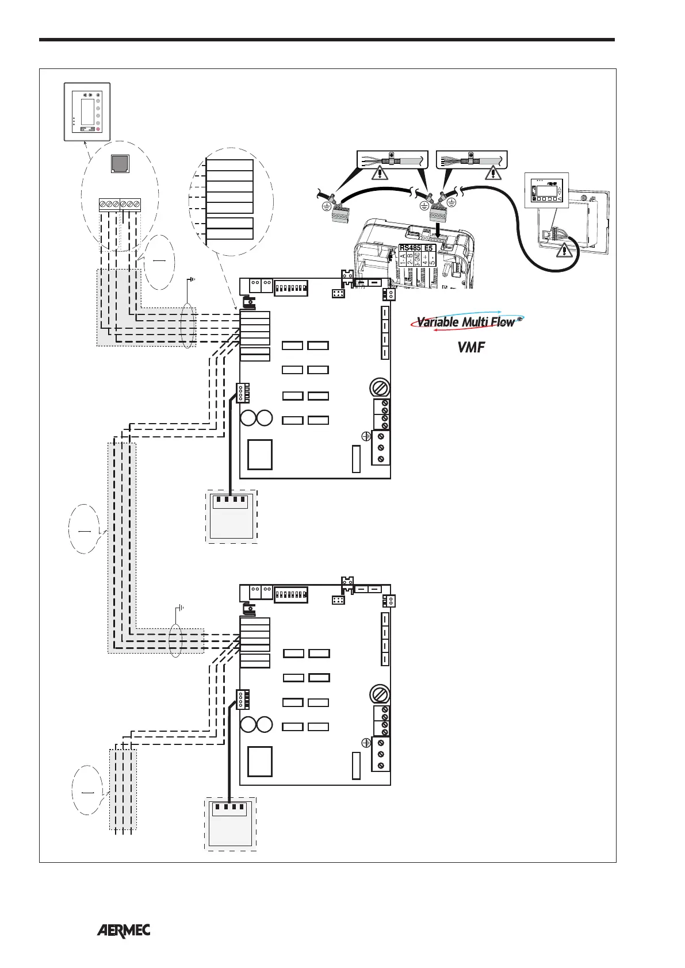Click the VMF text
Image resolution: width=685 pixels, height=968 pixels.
pyautogui.click(x=470, y=347)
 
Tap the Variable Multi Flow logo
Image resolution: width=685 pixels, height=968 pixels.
pyautogui.click(x=466, y=322)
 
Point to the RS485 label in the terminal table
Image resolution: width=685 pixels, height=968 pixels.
pyautogui.click(x=410, y=248)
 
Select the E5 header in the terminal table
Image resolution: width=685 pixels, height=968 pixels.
pyautogui.click(x=428, y=248)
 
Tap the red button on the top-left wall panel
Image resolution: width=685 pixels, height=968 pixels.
pyautogui.click(x=98, y=129)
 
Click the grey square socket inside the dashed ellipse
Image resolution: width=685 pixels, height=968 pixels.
pyautogui.click(x=120, y=164)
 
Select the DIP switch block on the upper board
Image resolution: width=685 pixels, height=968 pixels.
pyautogui.click(x=291, y=288)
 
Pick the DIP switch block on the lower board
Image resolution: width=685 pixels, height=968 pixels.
pyautogui.click(x=291, y=594)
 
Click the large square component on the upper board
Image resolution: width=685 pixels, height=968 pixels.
pyautogui.click(x=261, y=454)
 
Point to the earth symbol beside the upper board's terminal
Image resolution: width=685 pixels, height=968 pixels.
pyautogui.click(x=365, y=437)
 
